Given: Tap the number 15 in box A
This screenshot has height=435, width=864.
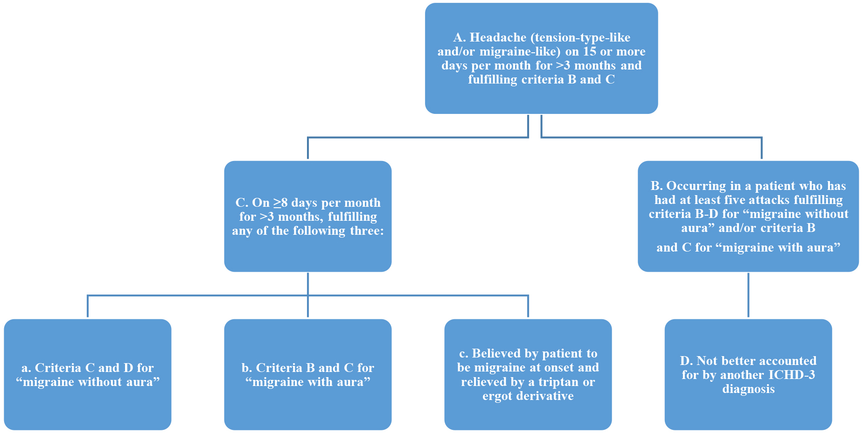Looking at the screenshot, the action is click(590, 52).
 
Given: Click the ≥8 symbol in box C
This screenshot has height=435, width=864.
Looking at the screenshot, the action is click(281, 203).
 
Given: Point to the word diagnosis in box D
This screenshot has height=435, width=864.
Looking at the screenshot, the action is click(748, 389).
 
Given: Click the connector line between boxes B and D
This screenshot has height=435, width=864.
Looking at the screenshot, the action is click(748, 295).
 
